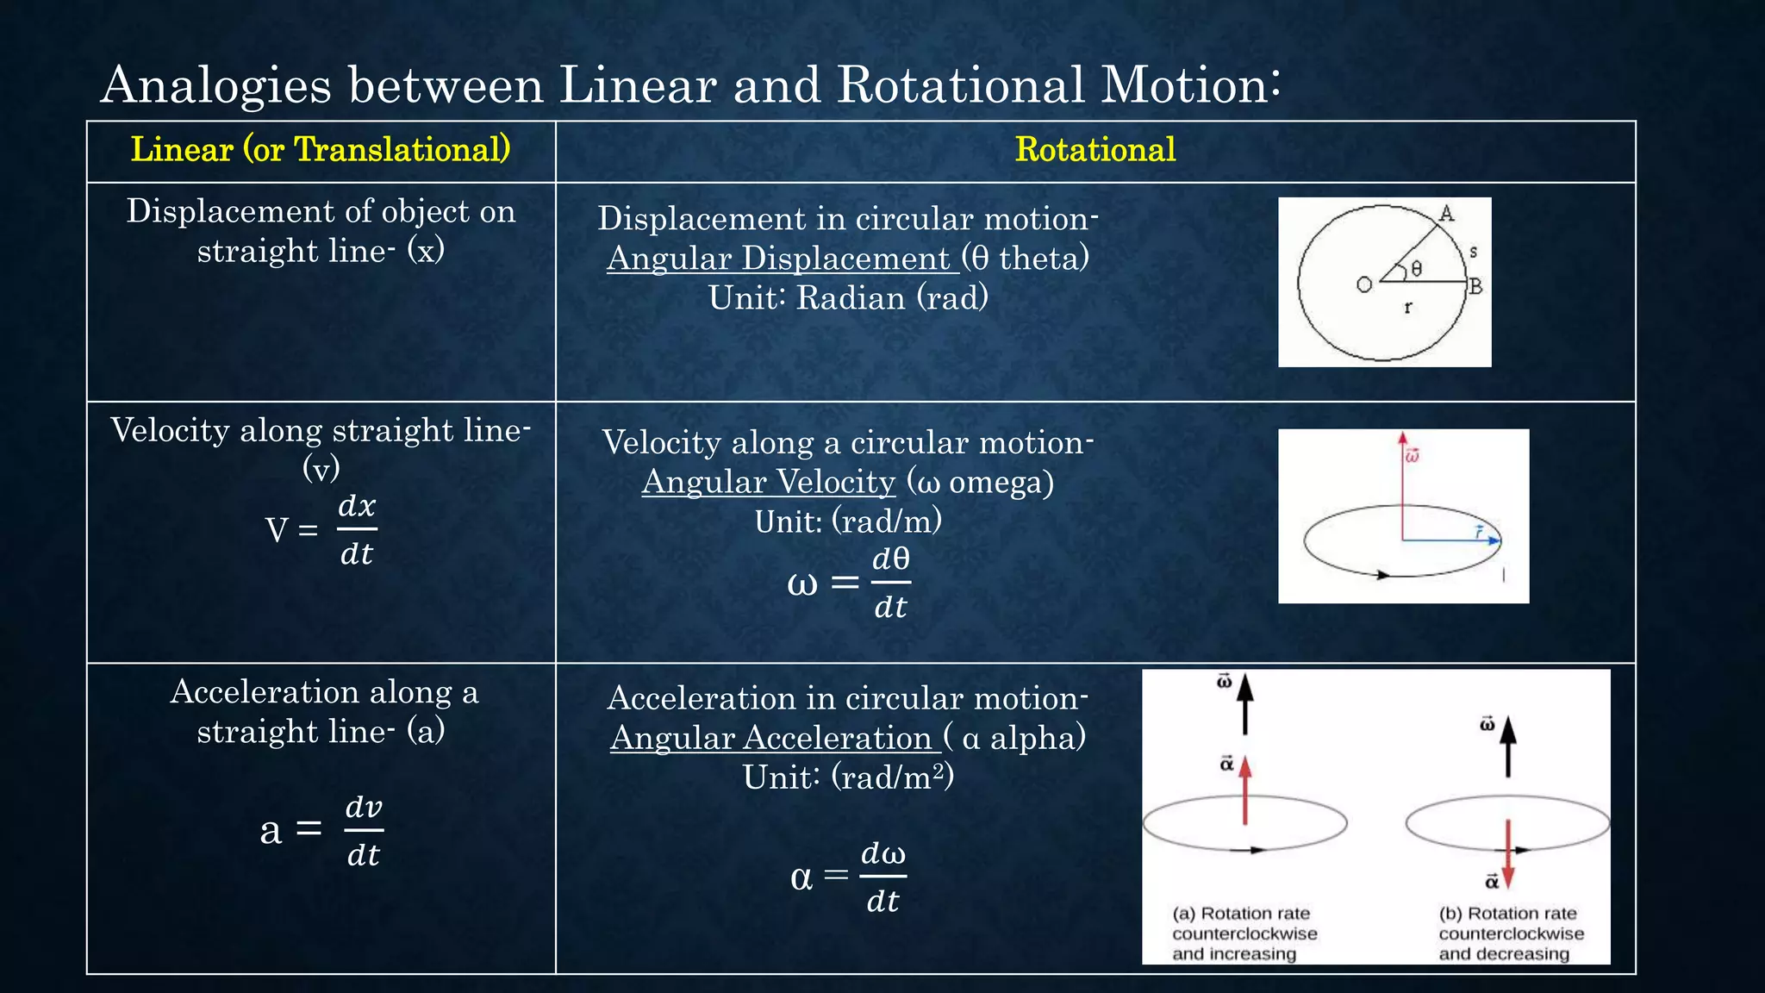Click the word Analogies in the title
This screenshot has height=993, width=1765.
click(215, 86)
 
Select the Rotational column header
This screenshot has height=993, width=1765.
click(1095, 150)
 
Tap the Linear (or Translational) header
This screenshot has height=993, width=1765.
click(321, 150)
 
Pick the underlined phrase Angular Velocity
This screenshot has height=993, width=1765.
click(769, 482)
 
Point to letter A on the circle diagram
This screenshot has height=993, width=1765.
click(1447, 214)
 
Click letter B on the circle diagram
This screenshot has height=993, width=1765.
click(1475, 286)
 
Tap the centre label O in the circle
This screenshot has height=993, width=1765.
click(1363, 284)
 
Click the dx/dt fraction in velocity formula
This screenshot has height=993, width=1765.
click(357, 529)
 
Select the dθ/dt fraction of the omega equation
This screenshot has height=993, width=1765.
click(890, 583)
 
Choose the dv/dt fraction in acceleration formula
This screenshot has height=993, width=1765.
click(363, 830)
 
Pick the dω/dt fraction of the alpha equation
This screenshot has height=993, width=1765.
click(883, 877)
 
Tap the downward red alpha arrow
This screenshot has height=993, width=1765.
click(1508, 853)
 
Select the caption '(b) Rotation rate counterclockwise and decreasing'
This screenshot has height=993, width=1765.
click(1510, 934)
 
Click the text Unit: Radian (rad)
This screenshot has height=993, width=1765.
click(848, 298)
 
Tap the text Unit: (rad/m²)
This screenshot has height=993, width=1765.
click(848, 778)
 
